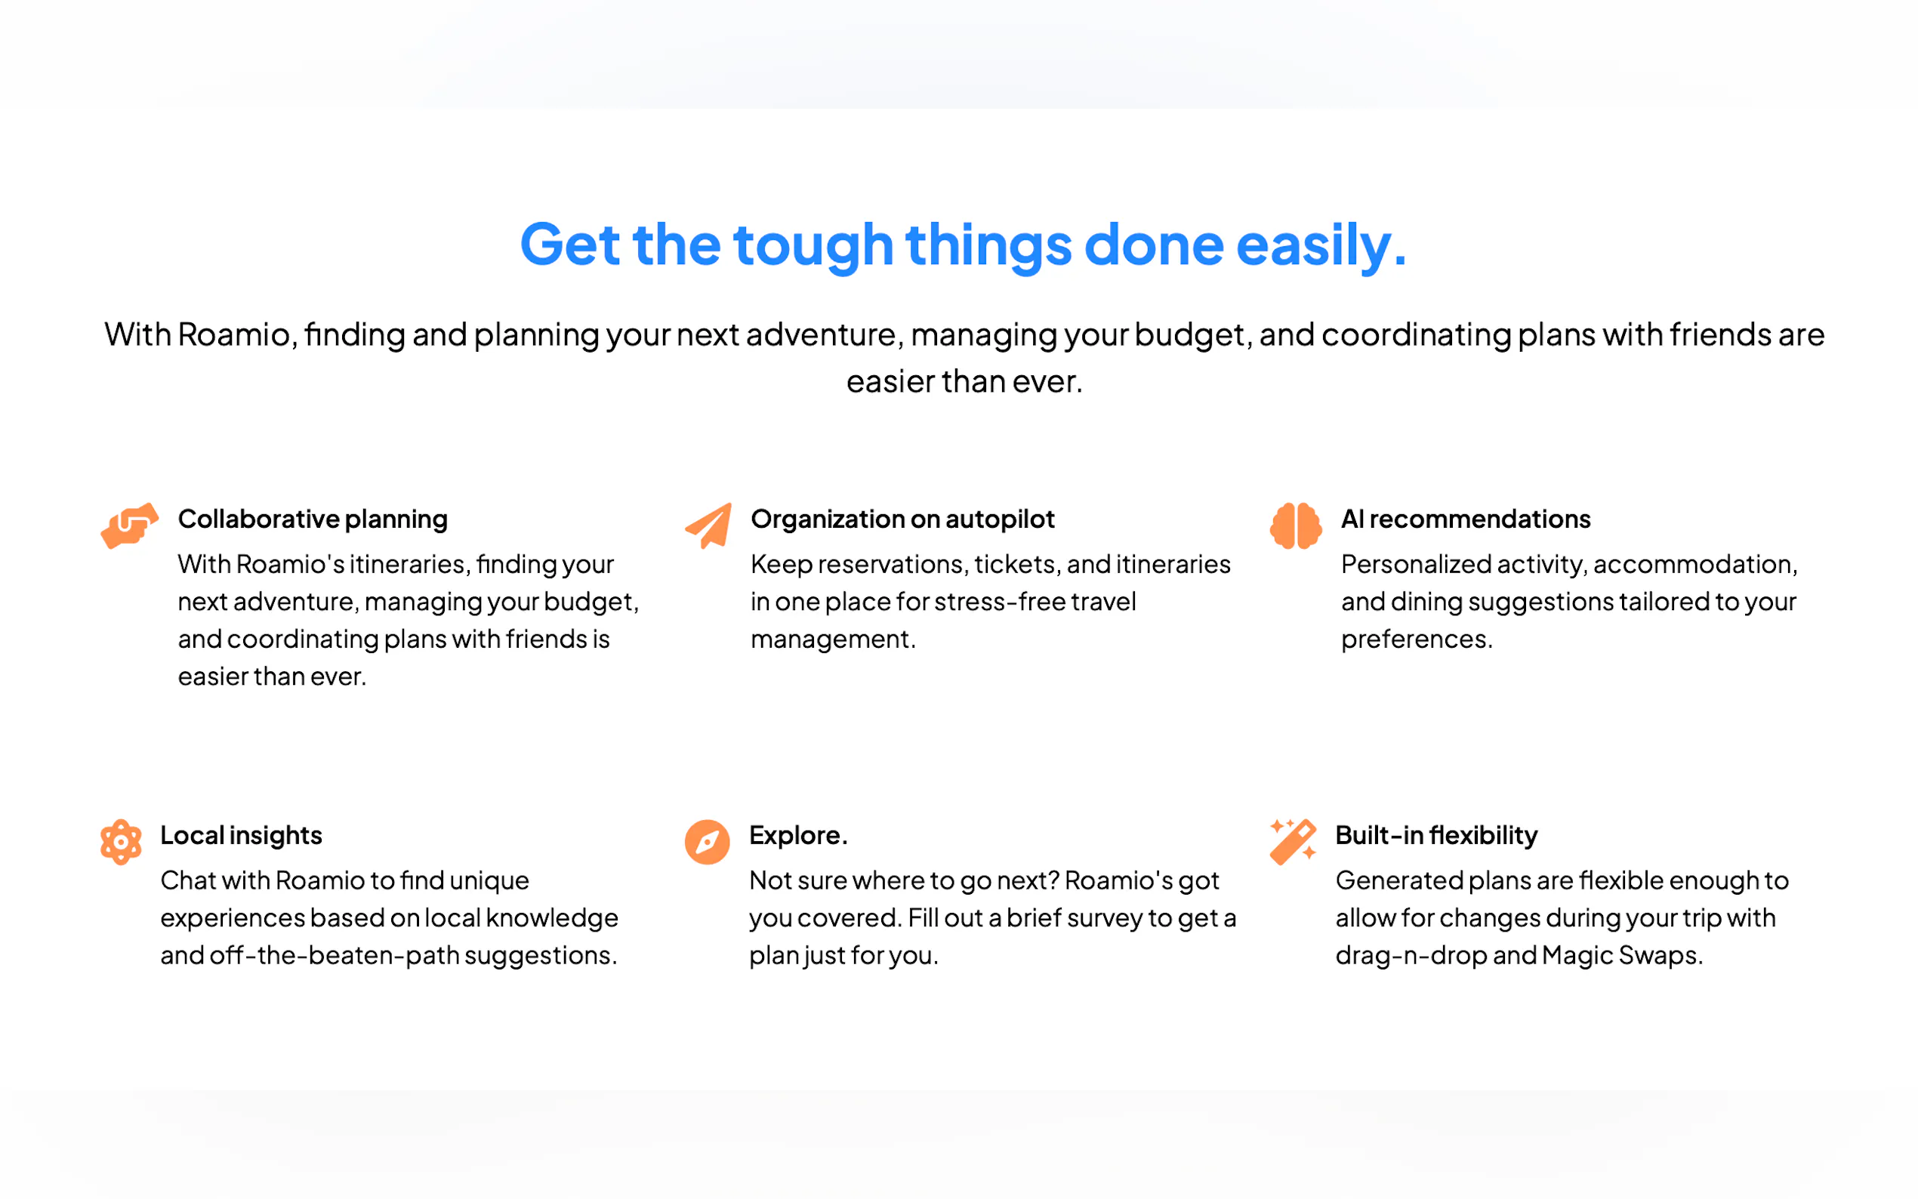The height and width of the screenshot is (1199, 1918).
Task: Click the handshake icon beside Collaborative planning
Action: point(129,525)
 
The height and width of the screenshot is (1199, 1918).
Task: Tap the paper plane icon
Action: point(708,525)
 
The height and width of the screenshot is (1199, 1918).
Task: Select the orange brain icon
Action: point(1295,525)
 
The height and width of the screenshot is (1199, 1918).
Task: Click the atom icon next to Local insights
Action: point(121,841)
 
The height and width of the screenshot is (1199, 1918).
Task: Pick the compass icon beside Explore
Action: point(707,841)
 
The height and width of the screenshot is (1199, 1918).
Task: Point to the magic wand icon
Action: point(1294,841)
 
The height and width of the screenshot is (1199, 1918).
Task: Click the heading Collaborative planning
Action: point(313,519)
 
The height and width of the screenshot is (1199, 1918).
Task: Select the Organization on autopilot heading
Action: point(902,519)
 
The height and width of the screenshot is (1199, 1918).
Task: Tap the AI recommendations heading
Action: point(1465,519)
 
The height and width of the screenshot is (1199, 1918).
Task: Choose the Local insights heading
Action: point(241,835)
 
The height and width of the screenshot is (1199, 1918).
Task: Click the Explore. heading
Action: point(798,835)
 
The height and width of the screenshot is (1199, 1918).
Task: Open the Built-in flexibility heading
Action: point(1436,835)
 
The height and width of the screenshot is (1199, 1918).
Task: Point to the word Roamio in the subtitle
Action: point(234,334)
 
